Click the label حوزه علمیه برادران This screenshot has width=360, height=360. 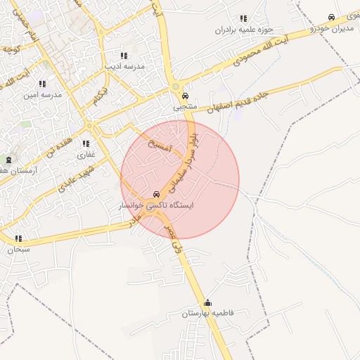[x=243, y=30]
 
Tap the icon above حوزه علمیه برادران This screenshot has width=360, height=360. [x=243, y=19]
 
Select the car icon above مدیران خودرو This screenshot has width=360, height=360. [x=331, y=18]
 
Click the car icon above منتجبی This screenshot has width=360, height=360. [x=185, y=97]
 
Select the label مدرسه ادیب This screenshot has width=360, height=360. [x=124, y=66]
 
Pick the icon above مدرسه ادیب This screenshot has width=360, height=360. [x=124, y=56]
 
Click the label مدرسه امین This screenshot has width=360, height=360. [x=42, y=94]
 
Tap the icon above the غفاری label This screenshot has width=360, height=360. [x=86, y=143]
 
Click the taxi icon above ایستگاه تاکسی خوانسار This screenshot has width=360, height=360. [x=156, y=194]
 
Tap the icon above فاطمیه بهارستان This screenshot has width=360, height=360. [x=207, y=303]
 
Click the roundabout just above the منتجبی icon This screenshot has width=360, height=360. [x=176, y=87]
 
